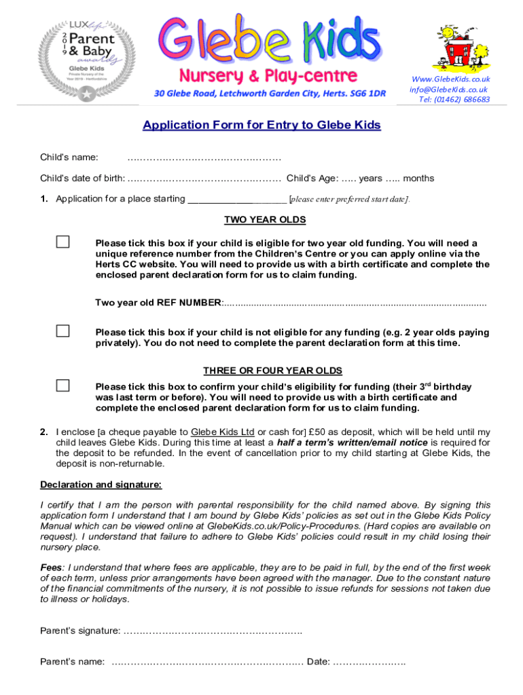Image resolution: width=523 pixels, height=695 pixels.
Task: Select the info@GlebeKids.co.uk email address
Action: coord(448,90)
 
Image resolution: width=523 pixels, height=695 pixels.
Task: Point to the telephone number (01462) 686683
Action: coord(454,100)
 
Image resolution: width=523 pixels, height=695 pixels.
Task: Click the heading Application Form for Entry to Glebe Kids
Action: coord(261,126)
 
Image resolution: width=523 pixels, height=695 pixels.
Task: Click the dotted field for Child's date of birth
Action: coord(204,179)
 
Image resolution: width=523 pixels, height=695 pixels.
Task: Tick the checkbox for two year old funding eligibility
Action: coord(62,242)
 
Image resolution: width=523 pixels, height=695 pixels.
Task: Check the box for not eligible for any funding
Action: coord(62,331)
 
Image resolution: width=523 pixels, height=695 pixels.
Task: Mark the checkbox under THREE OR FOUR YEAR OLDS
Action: coord(62,386)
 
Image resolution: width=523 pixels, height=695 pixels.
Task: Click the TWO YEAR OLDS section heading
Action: coord(265,220)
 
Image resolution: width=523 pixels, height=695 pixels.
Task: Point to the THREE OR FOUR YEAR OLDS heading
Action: coord(272,371)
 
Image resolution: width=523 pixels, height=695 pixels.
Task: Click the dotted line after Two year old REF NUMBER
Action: coord(355,303)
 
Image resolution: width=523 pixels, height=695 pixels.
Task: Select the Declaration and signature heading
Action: coord(101,485)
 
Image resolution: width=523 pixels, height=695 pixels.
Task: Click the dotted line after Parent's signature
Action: coord(213,631)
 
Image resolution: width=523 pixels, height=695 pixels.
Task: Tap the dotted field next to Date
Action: coord(369,662)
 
